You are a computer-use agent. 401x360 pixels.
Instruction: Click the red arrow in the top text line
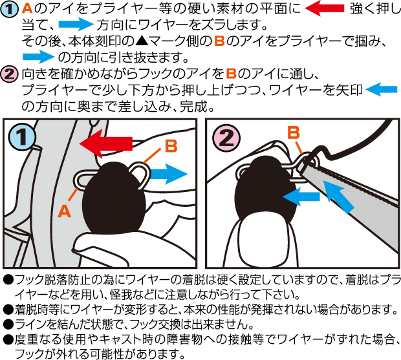325,8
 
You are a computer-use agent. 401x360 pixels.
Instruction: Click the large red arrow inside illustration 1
106,143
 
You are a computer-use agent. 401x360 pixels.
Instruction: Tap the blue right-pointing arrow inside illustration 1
169,174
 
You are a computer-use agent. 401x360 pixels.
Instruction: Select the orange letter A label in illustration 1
64,211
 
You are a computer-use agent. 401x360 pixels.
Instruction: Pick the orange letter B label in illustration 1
171,146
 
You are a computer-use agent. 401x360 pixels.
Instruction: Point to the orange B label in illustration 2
294,132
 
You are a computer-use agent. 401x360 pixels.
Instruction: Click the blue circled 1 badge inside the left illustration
22,137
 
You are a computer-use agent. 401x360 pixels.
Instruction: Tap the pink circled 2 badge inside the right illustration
226,138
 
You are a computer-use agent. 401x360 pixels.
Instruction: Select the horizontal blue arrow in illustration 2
301,196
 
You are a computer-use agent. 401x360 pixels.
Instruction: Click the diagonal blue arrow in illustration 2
338,196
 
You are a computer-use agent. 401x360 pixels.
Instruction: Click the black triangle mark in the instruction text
140,41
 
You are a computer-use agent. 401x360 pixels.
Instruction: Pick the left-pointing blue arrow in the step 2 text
382,89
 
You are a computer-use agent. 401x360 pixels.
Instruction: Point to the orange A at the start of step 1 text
27,8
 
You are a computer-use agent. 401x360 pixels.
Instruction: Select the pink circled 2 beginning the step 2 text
9,74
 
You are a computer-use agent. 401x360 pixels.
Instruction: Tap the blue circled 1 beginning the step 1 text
9,8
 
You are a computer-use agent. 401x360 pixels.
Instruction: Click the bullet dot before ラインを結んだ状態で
8,325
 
